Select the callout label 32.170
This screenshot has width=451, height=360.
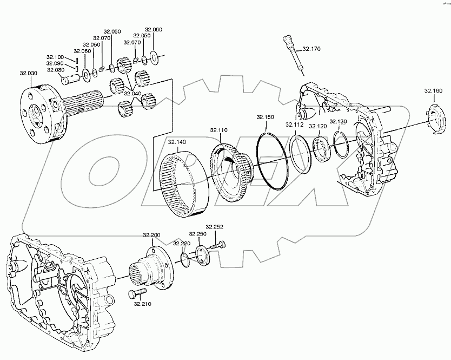[311, 49]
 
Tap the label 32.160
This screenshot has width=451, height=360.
[433, 90]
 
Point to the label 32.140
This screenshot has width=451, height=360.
[177, 142]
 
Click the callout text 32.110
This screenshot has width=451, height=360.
[220, 130]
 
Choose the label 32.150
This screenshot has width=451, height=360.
[266, 117]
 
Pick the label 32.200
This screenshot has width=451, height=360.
[151, 235]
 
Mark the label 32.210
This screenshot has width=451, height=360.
[142, 304]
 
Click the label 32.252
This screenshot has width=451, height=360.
[214, 227]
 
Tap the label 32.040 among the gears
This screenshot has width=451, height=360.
[132, 93]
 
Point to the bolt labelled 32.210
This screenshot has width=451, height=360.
[135, 293]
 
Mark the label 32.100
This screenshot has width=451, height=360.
[55, 57]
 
